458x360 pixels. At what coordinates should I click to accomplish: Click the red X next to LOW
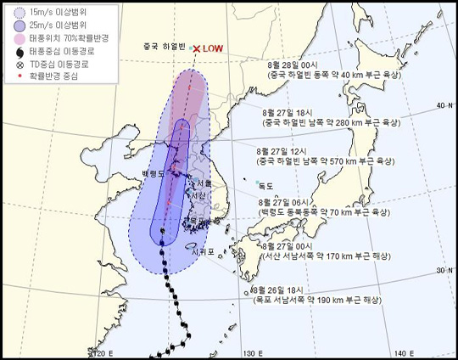point(196,49)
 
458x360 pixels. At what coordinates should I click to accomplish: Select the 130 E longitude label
point(249,352)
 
